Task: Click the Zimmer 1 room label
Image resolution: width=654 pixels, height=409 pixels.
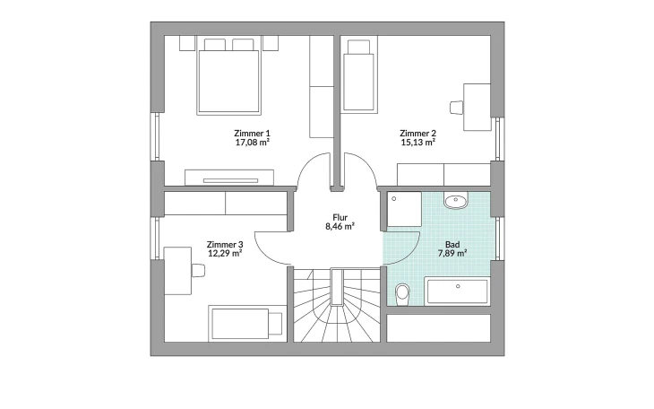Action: coord(252,134)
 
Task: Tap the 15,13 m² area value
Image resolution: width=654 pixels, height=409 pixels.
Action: coord(417,143)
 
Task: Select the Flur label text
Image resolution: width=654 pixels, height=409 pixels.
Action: coord(340,218)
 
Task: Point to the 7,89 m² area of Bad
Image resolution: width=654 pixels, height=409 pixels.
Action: coord(452,253)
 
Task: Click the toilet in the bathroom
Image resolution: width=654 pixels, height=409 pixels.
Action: coord(402,294)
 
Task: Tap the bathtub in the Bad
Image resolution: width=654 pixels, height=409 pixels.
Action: coord(457,291)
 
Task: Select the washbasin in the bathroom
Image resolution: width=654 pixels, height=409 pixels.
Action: coord(456,201)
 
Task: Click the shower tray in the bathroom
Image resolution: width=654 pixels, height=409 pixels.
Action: coord(404,209)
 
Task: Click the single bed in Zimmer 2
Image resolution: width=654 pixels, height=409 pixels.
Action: coord(358,76)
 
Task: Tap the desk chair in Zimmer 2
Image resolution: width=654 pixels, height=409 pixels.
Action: coord(456,108)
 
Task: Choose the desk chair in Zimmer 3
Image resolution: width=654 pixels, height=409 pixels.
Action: coord(198,270)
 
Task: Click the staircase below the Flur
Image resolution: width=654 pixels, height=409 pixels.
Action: coord(337,305)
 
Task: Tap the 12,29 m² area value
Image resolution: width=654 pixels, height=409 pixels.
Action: coord(225,253)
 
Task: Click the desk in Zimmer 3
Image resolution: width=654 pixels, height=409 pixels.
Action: coord(177,271)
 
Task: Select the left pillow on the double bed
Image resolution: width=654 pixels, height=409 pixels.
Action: coord(215,45)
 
